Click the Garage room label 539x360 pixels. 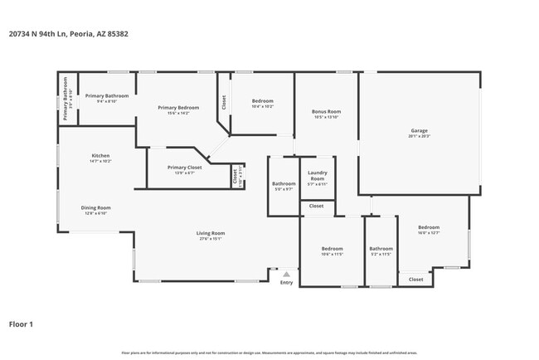pyautogui.click(x=419, y=130)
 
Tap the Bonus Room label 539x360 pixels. pyautogui.click(x=327, y=111)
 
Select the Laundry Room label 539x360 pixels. pyautogui.click(x=317, y=176)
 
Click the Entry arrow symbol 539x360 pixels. pyautogui.click(x=286, y=273)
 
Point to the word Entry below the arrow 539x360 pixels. pyautogui.click(x=286, y=283)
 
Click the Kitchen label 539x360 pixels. pyautogui.click(x=100, y=155)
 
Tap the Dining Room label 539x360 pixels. pyautogui.click(x=95, y=207)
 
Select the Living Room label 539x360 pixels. pyautogui.click(x=211, y=233)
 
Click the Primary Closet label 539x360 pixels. pyautogui.click(x=180, y=167)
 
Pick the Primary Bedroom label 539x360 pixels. pyautogui.click(x=178, y=108)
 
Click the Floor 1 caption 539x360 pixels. pyautogui.click(x=21, y=324)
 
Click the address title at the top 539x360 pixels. pyautogui.click(x=69, y=34)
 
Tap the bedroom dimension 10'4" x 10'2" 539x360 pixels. pyautogui.click(x=263, y=106)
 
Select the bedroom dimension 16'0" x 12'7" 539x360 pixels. pyautogui.click(x=429, y=233)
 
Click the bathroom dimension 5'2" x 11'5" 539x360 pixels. pyautogui.click(x=381, y=254)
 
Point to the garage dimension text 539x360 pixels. pyautogui.click(x=419, y=136)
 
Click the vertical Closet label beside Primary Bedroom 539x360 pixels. pyautogui.click(x=223, y=102)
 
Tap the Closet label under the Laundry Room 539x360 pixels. pyautogui.click(x=316, y=206)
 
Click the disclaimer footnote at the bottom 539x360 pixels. pyautogui.click(x=269, y=353)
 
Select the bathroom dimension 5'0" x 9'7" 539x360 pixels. pyautogui.click(x=284, y=189)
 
